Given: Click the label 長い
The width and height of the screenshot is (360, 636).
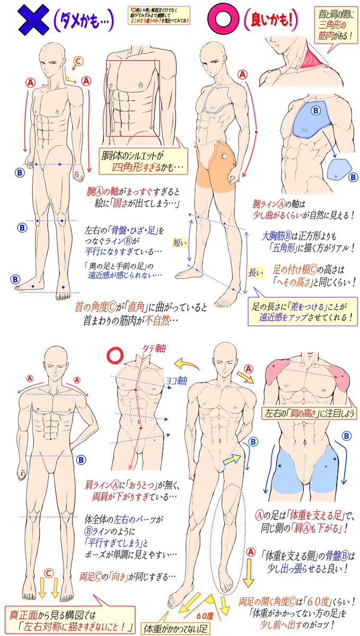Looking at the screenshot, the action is [255, 272].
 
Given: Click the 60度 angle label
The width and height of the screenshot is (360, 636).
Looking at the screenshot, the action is [205, 616].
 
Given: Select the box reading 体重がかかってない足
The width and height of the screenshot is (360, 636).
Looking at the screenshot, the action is [175, 628].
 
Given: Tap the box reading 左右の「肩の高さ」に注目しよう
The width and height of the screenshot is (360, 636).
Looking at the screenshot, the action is [308, 412].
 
